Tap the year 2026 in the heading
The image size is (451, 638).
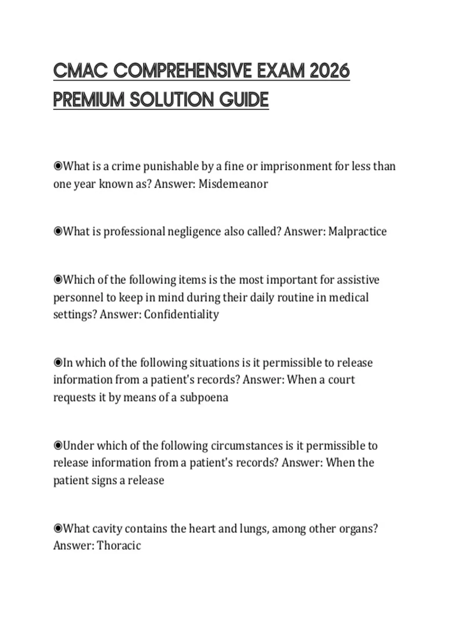[330, 71]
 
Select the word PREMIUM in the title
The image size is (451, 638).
[89, 100]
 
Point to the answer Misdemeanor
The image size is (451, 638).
[233, 184]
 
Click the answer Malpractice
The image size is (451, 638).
[357, 232]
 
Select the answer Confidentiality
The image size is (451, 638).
[181, 314]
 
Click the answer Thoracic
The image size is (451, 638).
[119, 545]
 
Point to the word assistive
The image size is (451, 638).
[358, 280]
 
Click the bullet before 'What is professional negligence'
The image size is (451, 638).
[58, 231]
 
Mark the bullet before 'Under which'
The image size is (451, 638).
[58, 445]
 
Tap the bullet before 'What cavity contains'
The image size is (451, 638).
[58, 528]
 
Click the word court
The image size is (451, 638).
[341, 380]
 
